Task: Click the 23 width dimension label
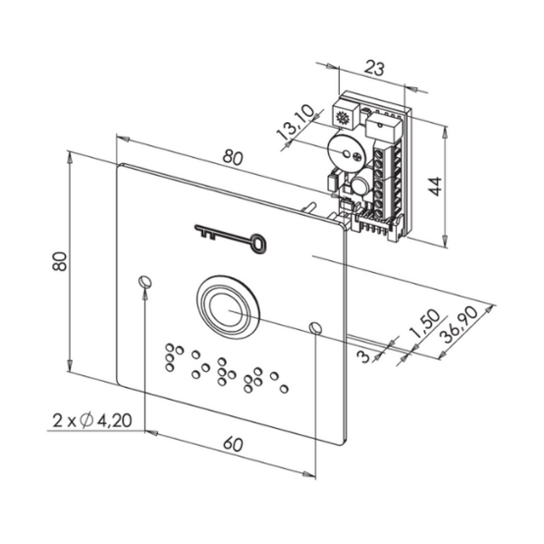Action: pos(374,68)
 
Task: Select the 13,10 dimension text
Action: pos(296,122)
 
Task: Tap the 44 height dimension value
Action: pos(435,186)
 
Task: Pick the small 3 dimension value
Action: pos(364,356)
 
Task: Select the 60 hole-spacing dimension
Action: pos(233,444)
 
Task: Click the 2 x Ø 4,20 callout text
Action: pos(92,421)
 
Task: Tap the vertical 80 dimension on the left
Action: pos(59,261)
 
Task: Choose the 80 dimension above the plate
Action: pos(233,158)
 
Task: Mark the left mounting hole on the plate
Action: pos(145,281)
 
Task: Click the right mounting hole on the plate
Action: pos(315,328)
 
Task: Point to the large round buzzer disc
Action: pos(345,153)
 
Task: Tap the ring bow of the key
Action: pos(258,242)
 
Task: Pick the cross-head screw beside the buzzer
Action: pos(356,157)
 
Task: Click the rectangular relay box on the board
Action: pos(383,128)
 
